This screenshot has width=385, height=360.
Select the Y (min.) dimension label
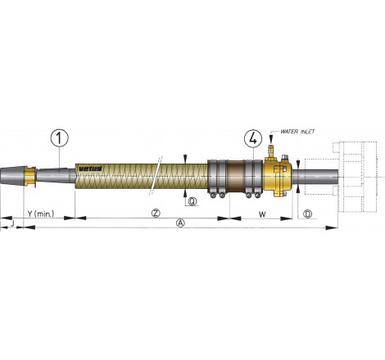click(40, 214)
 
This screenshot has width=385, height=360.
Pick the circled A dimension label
click(181, 223)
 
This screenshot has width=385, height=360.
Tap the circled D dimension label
click(306, 214)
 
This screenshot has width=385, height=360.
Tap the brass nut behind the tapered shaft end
click(30, 174)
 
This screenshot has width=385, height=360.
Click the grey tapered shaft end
click(12, 174)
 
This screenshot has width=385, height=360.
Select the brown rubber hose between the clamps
click(238, 175)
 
